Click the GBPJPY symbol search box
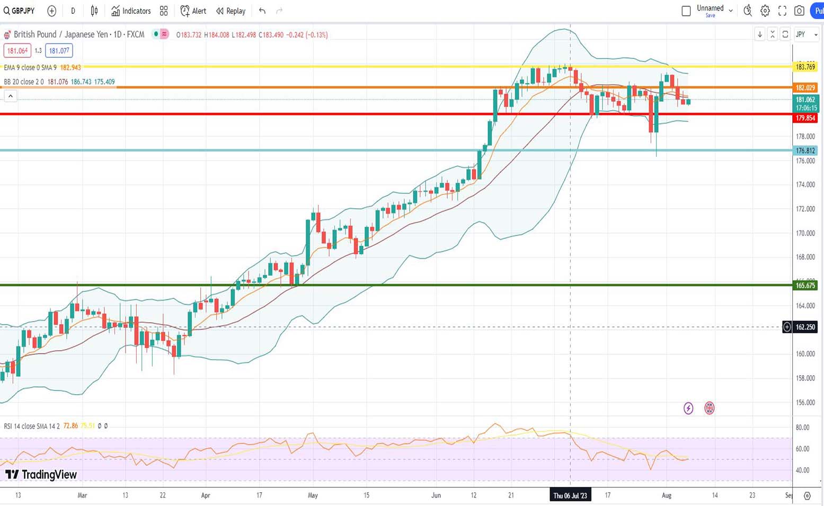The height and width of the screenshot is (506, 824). point(20,11)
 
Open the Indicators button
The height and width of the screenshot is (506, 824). point(131,11)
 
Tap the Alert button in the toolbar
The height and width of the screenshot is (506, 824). point(193,11)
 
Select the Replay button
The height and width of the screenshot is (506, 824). point(231,11)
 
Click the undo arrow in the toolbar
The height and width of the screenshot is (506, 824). point(262,11)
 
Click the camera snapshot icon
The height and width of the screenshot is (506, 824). point(799,11)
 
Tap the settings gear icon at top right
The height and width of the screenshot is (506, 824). point(765,11)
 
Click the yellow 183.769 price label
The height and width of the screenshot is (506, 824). point(805,67)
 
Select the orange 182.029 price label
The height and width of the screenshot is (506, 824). point(805,87)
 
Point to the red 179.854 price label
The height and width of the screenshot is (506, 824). point(805,118)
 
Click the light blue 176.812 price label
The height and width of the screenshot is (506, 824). point(805,151)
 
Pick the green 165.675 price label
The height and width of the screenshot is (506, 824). point(805,286)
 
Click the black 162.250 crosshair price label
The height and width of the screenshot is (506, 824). point(805,327)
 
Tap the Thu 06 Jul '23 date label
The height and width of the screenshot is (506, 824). point(570,495)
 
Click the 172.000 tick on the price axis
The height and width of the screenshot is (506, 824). point(805,209)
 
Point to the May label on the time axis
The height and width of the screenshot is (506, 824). point(313,495)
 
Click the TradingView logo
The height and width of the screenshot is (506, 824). point(41,474)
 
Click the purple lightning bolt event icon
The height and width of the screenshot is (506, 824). point(688,408)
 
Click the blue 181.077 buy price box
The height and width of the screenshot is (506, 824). point(58,51)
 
